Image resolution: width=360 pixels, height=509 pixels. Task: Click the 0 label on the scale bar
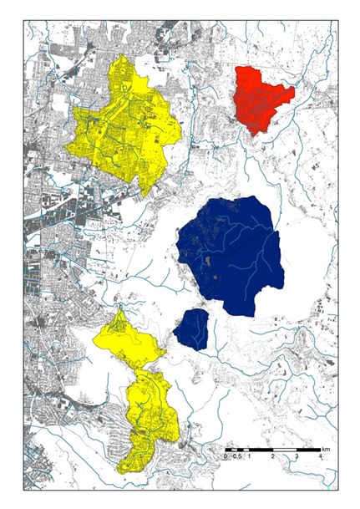(x=225, y=458)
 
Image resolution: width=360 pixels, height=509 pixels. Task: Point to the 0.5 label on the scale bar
(x=236, y=458)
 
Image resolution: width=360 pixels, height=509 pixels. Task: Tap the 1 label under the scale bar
(x=249, y=458)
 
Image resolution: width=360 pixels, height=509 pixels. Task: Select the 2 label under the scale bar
(x=273, y=458)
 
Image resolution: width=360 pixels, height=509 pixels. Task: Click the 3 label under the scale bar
(x=297, y=458)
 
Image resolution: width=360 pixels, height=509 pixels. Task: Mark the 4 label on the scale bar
(x=322, y=458)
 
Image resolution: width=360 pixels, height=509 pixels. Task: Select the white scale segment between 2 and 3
(x=285, y=451)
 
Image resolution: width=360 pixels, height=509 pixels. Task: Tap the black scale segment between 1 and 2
(x=261, y=451)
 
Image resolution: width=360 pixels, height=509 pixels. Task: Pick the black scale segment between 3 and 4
(x=309, y=451)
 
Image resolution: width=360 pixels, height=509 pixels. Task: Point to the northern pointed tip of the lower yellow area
(x=121, y=308)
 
